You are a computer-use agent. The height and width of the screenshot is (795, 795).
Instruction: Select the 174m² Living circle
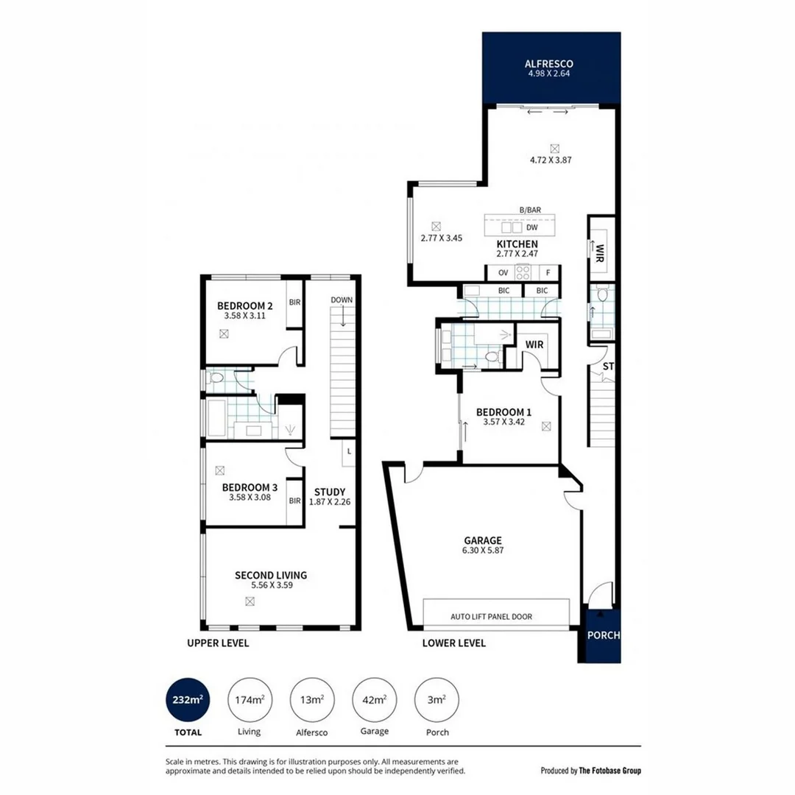click(249, 699)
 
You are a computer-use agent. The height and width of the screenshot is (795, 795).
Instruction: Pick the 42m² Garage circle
click(374, 699)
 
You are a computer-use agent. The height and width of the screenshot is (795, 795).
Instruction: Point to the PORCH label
click(603, 635)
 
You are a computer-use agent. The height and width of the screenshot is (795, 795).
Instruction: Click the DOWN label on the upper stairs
click(342, 300)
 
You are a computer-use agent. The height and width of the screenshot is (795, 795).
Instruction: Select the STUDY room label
click(329, 492)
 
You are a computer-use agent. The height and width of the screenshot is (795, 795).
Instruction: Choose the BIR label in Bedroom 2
click(294, 303)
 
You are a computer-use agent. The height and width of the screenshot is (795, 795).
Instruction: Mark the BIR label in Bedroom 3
click(294, 501)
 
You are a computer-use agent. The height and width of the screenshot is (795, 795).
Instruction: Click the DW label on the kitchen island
click(531, 227)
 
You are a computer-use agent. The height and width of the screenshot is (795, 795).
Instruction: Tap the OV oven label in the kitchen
click(503, 272)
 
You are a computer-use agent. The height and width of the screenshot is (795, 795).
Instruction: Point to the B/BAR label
click(530, 211)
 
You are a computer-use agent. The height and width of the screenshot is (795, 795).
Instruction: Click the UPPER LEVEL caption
click(218, 643)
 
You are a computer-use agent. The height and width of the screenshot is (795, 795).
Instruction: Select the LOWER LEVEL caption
click(454, 643)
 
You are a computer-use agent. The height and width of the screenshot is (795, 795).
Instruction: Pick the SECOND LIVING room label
click(270, 575)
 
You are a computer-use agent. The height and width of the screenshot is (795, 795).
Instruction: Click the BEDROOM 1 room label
click(504, 412)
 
